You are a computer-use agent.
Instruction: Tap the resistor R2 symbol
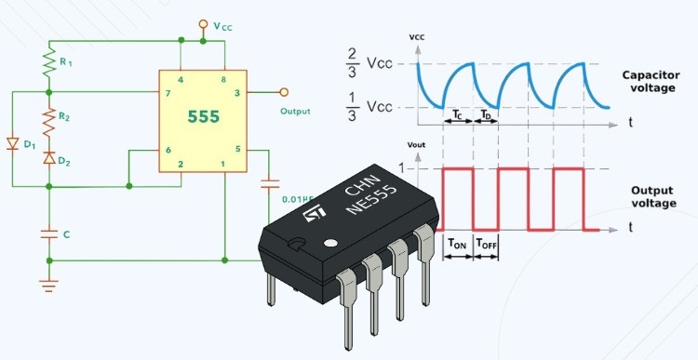(48, 118)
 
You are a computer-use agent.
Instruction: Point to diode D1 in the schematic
(12, 144)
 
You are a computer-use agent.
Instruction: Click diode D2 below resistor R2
(48, 157)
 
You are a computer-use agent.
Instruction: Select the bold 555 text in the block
(204, 119)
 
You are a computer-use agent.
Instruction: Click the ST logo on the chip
(316, 219)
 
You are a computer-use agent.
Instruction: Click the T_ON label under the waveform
(457, 245)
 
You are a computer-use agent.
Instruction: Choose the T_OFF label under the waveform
(488, 245)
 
